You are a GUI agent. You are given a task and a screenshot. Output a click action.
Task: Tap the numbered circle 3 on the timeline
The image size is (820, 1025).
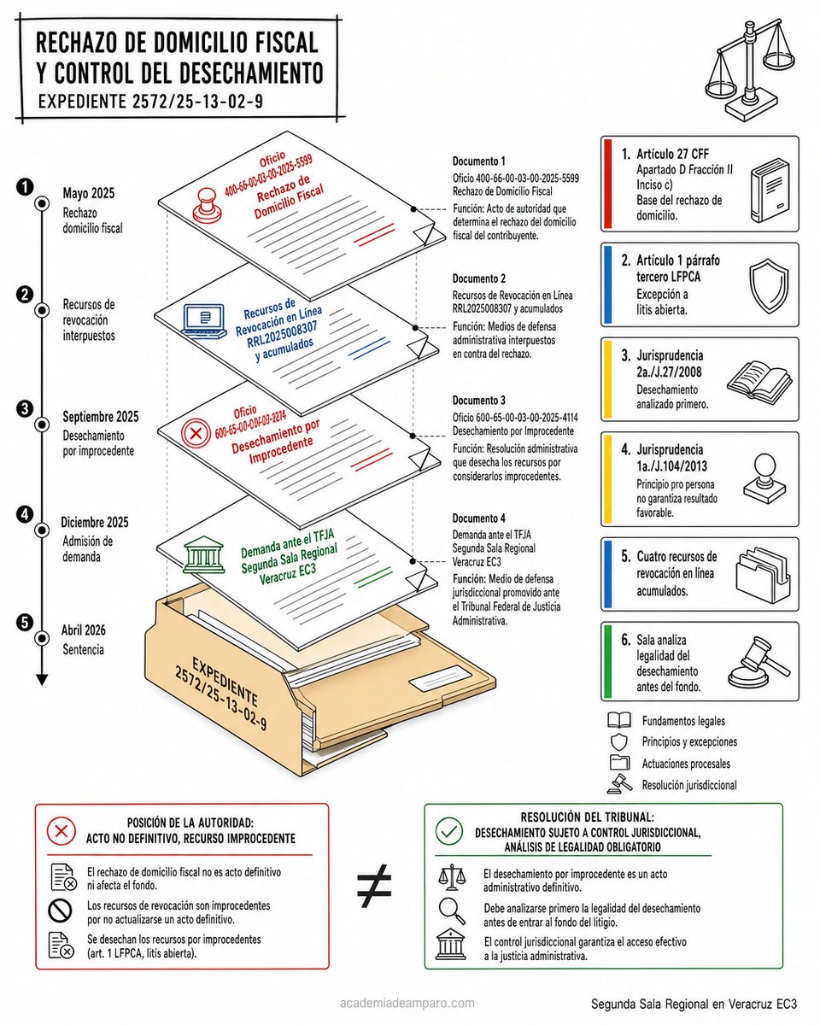[24, 408]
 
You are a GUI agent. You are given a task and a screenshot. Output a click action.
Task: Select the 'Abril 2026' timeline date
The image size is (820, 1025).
[84, 630]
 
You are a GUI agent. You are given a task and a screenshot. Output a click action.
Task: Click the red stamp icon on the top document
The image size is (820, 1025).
[208, 205]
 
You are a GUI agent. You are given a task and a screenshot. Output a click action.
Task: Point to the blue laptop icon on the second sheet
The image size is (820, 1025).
[205, 321]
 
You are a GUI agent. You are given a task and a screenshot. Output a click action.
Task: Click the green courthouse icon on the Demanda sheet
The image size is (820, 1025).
[203, 555]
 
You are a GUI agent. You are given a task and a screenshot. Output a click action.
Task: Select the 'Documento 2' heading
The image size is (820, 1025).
[479, 278]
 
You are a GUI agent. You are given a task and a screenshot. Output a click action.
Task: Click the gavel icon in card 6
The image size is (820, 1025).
[759, 661]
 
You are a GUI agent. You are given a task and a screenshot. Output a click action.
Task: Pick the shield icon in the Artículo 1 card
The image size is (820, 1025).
[769, 286]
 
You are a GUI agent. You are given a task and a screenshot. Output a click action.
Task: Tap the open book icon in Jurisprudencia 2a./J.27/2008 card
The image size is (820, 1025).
[759, 379]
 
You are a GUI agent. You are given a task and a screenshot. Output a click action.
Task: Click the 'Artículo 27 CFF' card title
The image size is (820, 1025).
[672, 154]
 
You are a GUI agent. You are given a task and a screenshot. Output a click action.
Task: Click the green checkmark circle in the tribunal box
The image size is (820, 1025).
[448, 831]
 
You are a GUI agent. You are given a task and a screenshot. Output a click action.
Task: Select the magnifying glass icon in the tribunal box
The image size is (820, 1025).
[452, 911]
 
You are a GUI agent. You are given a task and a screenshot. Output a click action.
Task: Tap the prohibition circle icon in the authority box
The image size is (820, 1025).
[61, 911]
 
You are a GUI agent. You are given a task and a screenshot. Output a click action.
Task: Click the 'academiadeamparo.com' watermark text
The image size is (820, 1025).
[407, 1003]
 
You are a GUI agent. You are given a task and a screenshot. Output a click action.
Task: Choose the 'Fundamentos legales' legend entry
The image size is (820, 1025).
[683, 721]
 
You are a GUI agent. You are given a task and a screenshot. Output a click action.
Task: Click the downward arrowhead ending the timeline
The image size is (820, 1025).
[42, 680]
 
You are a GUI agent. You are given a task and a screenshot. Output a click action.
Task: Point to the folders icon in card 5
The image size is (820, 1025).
[763, 574]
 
